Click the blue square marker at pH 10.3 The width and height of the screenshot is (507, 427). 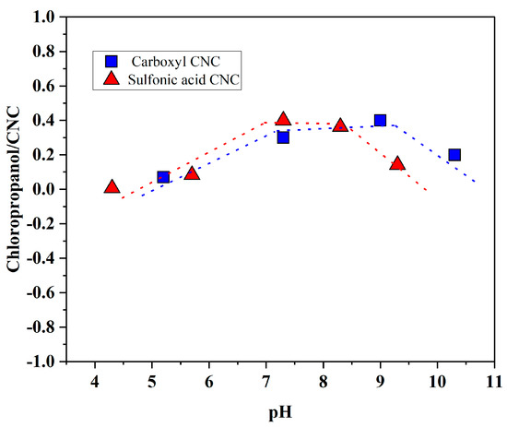(454, 155)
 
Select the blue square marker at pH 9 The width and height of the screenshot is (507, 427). (380, 121)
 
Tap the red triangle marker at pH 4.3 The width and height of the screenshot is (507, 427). (112, 187)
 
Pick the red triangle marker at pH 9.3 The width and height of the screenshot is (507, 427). (397, 164)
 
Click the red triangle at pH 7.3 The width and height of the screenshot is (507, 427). (283, 120)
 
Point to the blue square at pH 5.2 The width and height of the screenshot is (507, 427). (163, 177)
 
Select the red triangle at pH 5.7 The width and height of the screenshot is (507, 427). (192, 173)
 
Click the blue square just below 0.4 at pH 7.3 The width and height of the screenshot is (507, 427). (283, 137)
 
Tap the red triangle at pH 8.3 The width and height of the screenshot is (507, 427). (340, 125)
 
